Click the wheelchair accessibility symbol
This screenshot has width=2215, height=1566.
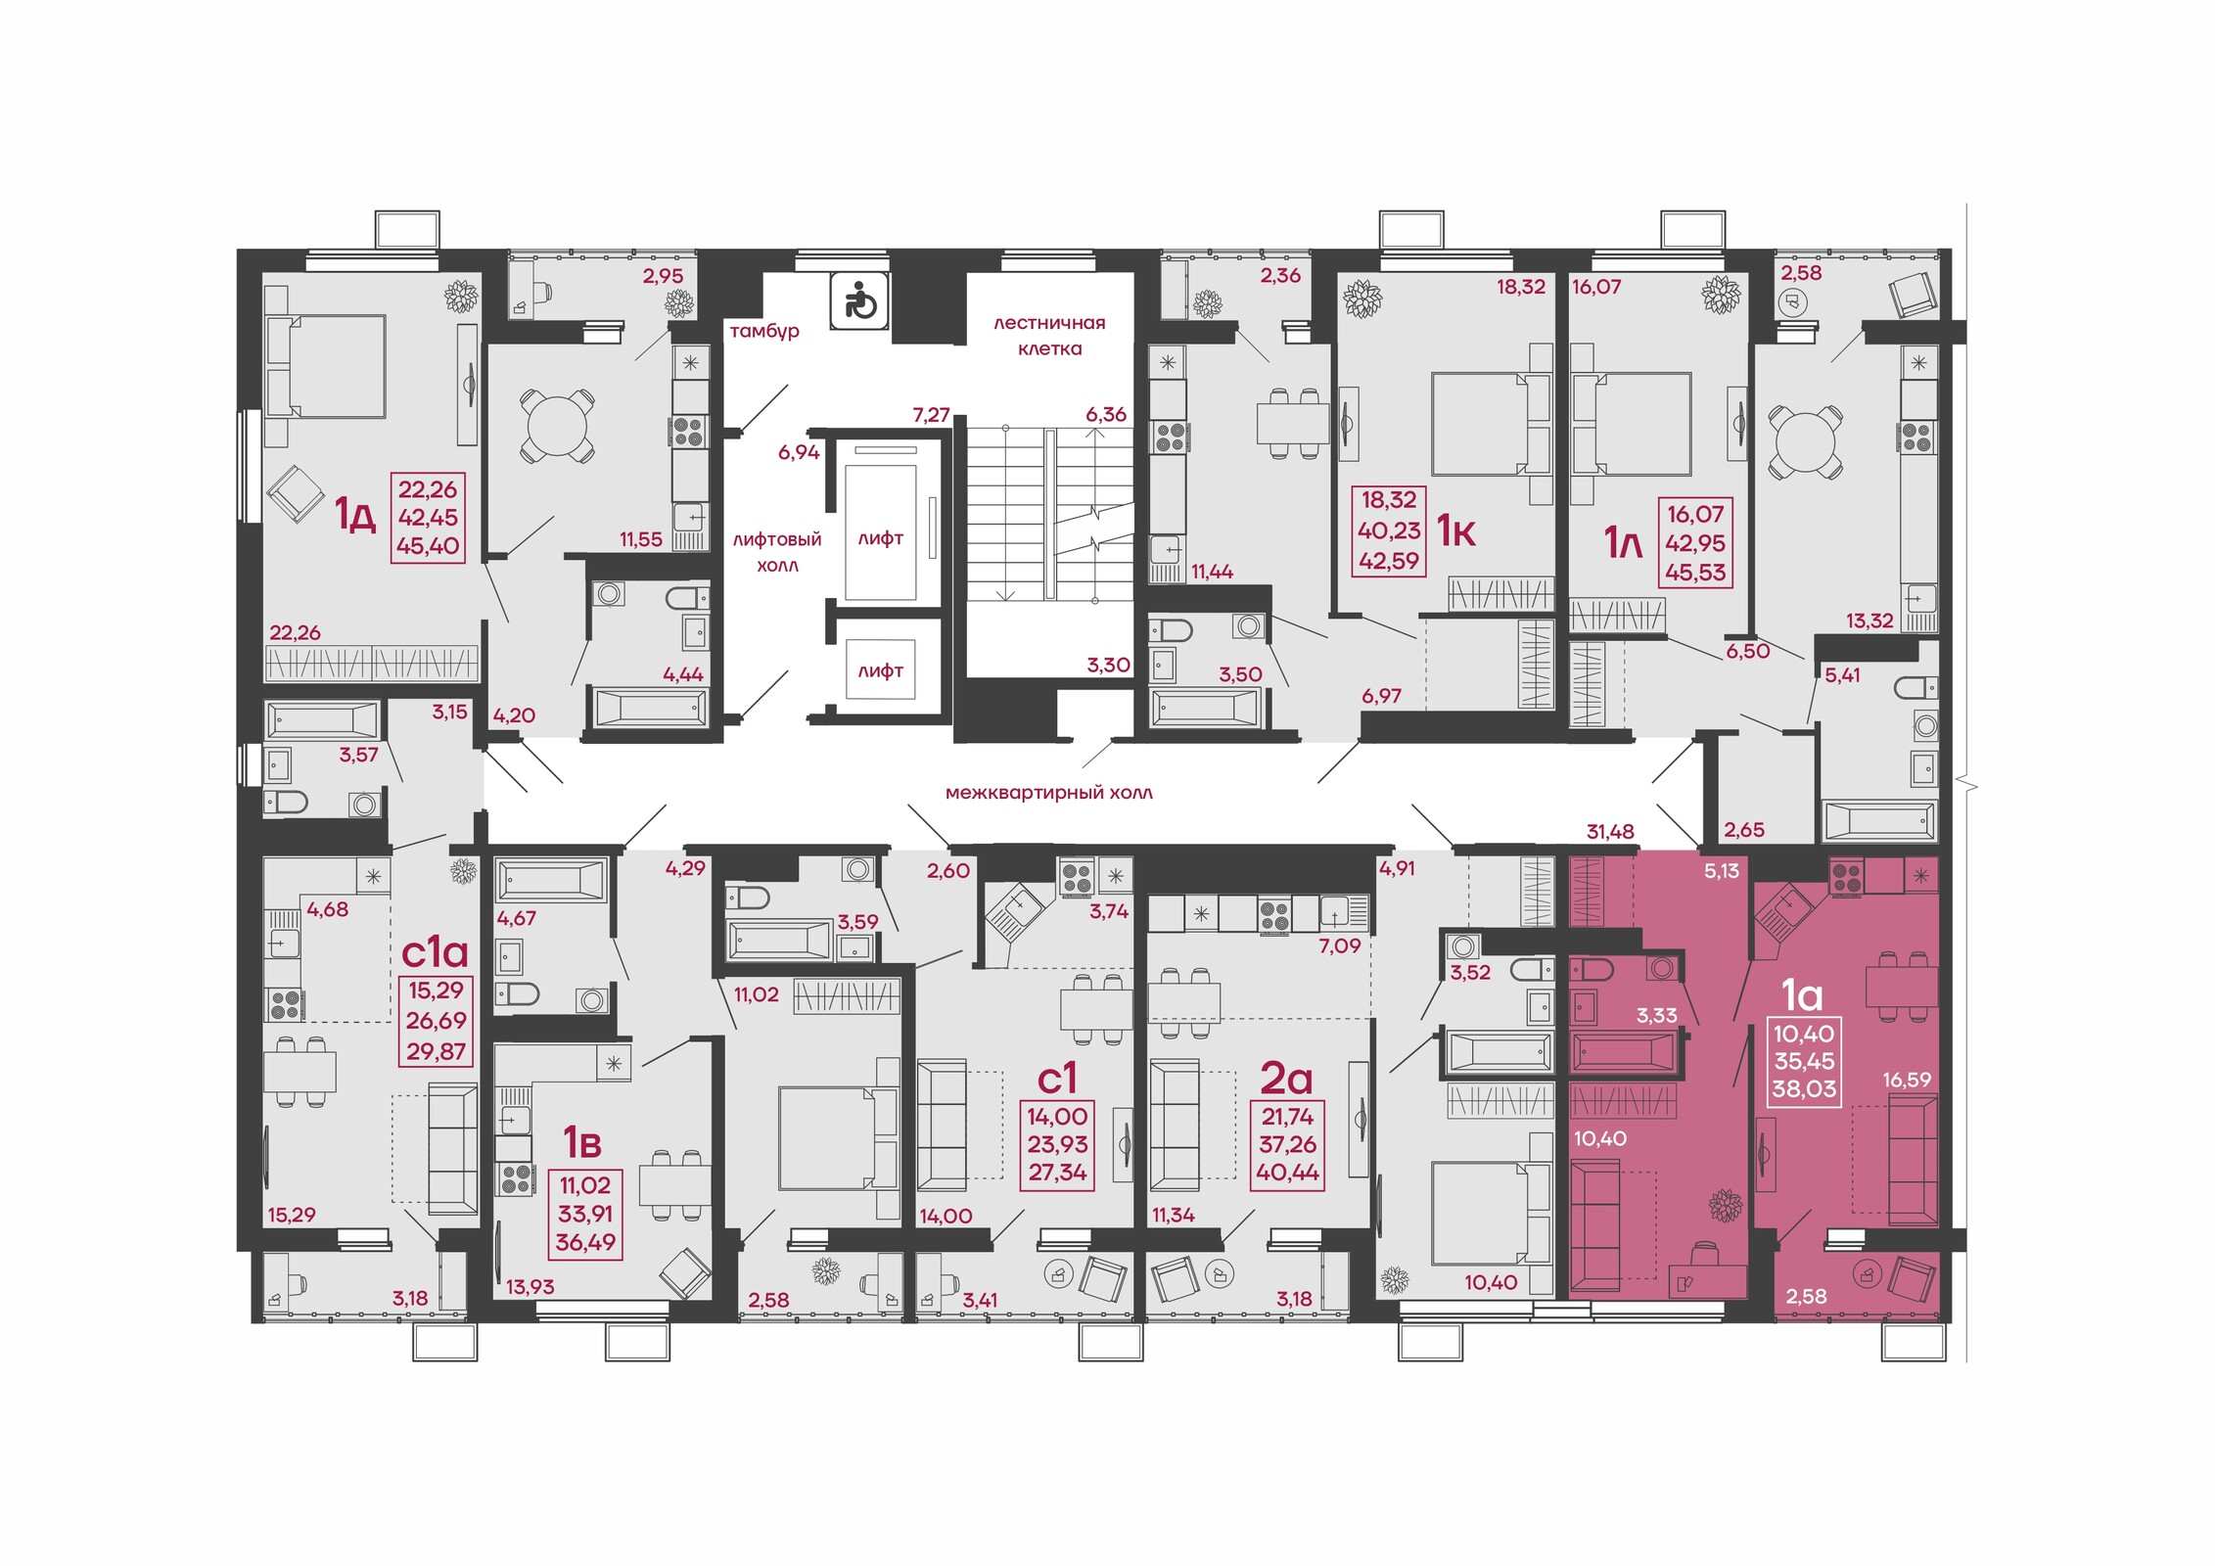(x=860, y=300)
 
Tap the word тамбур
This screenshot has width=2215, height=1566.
(x=764, y=332)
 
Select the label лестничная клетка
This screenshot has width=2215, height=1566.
(x=1049, y=336)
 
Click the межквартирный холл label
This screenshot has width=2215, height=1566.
(x=1048, y=793)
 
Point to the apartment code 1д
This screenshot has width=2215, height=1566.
(x=355, y=514)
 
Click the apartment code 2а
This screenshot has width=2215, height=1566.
(x=1286, y=1078)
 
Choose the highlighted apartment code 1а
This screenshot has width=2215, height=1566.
(x=1802, y=994)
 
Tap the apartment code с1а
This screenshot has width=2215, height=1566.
(x=435, y=950)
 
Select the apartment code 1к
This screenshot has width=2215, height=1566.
(x=1455, y=530)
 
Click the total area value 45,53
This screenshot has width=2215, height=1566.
(x=1695, y=573)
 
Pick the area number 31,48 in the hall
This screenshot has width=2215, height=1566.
(x=1610, y=832)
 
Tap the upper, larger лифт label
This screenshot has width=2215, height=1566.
(x=880, y=538)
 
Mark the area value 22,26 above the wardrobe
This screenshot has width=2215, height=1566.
(x=295, y=633)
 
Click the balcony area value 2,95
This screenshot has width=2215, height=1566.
(x=663, y=276)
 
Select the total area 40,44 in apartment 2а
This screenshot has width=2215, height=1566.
(x=1287, y=1173)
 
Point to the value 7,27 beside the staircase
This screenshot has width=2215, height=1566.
(x=931, y=415)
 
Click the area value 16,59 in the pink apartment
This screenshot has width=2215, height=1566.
(x=1907, y=1081)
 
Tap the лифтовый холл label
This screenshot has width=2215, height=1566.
(x=777, y=552)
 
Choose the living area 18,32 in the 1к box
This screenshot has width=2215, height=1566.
(x=1389, y=500)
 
